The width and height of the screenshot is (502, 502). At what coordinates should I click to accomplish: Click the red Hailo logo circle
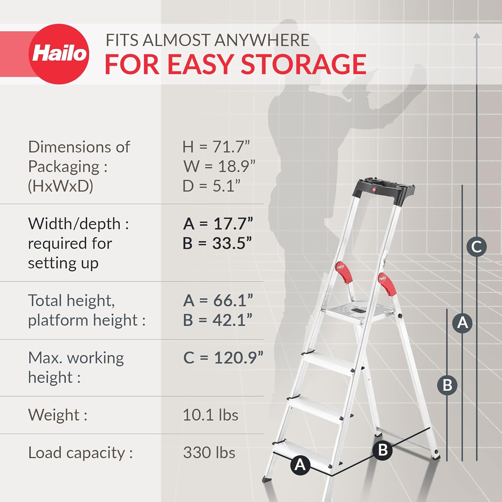59,54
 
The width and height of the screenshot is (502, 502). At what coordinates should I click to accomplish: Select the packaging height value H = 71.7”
216,147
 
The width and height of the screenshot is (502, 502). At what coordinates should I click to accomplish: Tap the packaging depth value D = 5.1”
211,186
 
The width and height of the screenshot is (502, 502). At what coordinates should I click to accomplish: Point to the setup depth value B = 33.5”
217,243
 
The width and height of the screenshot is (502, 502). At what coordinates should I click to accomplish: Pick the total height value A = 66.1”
218,300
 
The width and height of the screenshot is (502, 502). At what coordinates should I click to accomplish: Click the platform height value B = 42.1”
217,320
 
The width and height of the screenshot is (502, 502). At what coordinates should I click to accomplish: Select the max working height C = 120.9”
223,357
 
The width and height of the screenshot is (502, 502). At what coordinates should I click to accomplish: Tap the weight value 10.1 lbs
210,415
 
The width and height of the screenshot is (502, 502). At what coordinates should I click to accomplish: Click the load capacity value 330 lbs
209,452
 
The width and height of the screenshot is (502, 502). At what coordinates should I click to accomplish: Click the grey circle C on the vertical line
476,247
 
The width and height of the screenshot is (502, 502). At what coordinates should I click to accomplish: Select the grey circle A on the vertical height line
462,323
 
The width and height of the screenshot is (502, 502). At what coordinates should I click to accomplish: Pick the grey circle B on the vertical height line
447,385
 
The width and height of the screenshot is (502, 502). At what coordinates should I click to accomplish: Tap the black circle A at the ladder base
300,465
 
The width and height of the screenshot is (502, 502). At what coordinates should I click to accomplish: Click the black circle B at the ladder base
383,450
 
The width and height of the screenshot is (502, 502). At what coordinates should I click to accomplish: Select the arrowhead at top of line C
477,35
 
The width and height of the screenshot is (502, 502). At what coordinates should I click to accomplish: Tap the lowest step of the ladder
303,452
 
